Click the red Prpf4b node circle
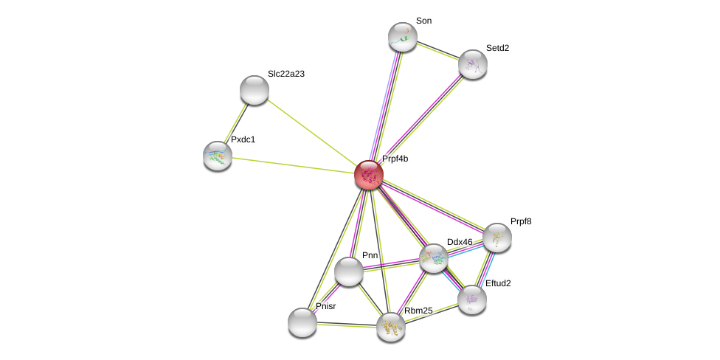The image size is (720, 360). coord(368,175)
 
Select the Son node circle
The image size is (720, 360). coord(403,37)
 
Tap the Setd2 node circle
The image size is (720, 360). coord(473,64)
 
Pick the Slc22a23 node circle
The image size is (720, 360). coord(255,90)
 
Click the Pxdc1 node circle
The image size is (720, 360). coord(218,156)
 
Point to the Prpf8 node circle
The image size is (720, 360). coord(497,238)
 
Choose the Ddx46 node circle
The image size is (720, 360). coord(434,258)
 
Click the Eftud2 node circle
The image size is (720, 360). coord(472,300)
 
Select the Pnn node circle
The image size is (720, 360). coord(349,271)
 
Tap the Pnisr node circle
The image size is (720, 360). coord(302,322)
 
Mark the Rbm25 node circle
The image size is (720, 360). coord(391,327)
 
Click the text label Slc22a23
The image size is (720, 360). coord(285,74)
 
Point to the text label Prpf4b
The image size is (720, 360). coord(395,159)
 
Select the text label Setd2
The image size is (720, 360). coord(497,48)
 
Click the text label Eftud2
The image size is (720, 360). coord(498,283)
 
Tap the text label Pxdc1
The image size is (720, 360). coord(243,139)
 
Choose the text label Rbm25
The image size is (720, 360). coord(418,311)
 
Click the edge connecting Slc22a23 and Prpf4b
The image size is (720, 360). coord(311,133)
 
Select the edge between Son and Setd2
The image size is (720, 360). coord(437,50)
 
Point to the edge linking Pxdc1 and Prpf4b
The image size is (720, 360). coord(293,165)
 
